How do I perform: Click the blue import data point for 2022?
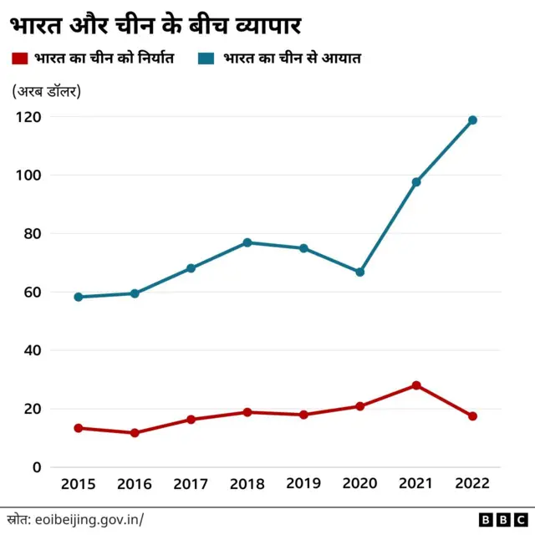pos(472,120)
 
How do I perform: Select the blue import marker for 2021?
pos(416,181)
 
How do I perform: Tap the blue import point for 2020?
pos(360,273)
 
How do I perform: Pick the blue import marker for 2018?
pos(247,242)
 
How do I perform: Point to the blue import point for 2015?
pos(79,297)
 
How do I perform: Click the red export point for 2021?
pos(416,385)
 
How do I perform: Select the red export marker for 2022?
pos(472,416)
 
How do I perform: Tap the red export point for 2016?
pos(135,433)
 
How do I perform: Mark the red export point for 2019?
pos(303,415)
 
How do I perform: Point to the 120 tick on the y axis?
pos(28,117)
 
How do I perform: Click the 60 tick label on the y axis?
pos(32,293)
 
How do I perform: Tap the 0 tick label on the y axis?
pos(36,467)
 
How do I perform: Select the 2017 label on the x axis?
pos(191,484)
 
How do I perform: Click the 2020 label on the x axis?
pos(359,484)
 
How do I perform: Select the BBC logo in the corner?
pos(500,519)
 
